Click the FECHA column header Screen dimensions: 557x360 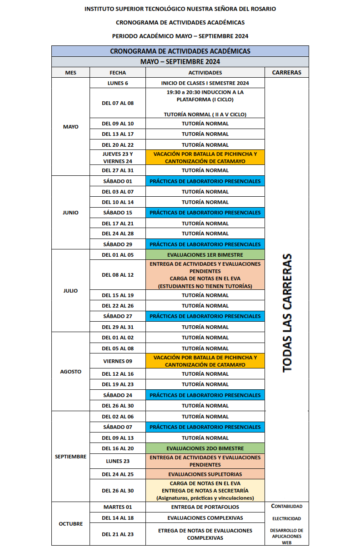pyautogui.click(x=118, y=73)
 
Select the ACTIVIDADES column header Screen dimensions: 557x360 pyautogui.click(x=205, y=73)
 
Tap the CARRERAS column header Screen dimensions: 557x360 pyautogui.click(x=286, y=73)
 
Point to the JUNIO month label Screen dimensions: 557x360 pyautogui.click(x=70, y=213)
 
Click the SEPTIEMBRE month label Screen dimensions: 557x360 pyautogui.click(x=70, y=457)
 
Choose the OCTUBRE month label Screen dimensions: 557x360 pyautogui.click(x=70, y=524)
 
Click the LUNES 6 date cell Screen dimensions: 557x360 pyautogui.click(x=118, y=83)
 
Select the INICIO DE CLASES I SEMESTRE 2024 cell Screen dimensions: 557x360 pyautogui.click(x=205, y=83)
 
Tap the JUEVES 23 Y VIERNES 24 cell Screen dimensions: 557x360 pyautogui.click(x=118, y=157)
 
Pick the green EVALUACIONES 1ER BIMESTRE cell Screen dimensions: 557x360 pyautogui.click(x=205, y=255)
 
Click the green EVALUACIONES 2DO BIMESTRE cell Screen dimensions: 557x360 pyautogui.click(x=205, y=448)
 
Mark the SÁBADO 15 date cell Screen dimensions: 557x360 pyautogui.click(x=118, y=213)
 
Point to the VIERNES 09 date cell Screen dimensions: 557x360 pyautogui.click(x=118, y=361)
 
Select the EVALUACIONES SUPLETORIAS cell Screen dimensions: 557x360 pyautogui.click(x=205, y=474)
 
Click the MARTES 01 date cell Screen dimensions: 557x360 pyautogui.click(x=118, y=507)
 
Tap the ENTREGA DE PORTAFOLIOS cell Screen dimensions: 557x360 pyautogui.click(x=205, y=507)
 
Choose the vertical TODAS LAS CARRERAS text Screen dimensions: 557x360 pyautogui.click(x=287, y=313)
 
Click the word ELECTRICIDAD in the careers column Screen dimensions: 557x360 pyautogui.click(x=286, y=518)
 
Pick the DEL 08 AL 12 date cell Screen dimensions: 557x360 pyautogui.click(x=118, y=275)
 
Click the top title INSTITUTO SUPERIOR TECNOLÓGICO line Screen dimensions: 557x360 pyautogui.click(x=180, y=9)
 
